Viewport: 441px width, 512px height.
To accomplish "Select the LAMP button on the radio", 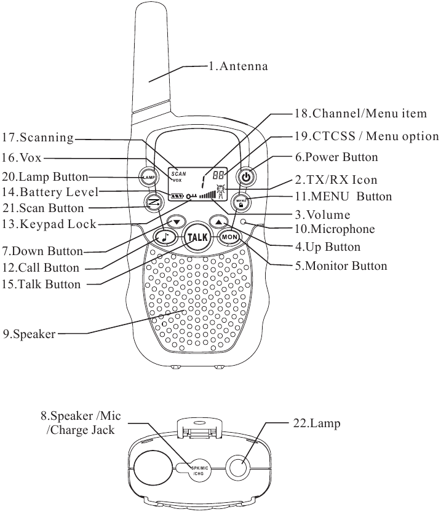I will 149,178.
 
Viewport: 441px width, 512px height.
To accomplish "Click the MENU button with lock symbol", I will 240,201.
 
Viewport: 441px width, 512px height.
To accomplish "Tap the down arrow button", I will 177,222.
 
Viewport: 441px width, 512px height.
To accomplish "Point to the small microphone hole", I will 244,222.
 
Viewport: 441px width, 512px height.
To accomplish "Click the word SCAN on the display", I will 178,174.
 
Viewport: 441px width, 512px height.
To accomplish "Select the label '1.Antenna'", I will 238,66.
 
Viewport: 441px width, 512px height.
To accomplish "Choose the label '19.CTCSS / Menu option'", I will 367,136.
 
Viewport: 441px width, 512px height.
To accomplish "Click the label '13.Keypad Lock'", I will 49,224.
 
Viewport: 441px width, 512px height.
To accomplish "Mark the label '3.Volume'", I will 322,215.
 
